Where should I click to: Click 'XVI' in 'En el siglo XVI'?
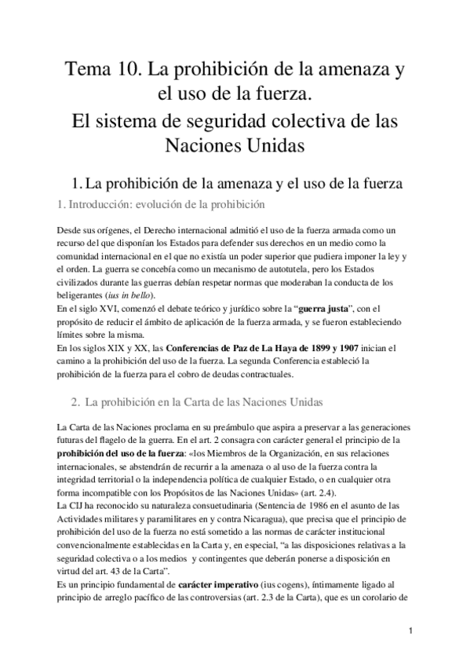click(x=109, y=309)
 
